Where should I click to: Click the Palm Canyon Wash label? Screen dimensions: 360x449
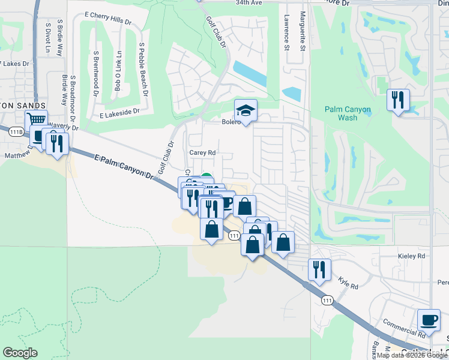pos(348,113)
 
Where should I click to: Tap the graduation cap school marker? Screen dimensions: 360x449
pos(246,112)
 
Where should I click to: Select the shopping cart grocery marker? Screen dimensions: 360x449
pos(36,121)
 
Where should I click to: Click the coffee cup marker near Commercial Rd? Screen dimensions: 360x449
pos(429,320)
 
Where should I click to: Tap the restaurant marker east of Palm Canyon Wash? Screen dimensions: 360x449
pos(398,100)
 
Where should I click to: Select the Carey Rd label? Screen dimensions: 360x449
pos(202,153)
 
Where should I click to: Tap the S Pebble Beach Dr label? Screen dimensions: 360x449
pos(143,70)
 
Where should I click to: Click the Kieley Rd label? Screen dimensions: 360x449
pos(411,256)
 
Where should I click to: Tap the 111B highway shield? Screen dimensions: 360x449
pos(17,130)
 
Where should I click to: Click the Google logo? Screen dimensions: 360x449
pos(20,353)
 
